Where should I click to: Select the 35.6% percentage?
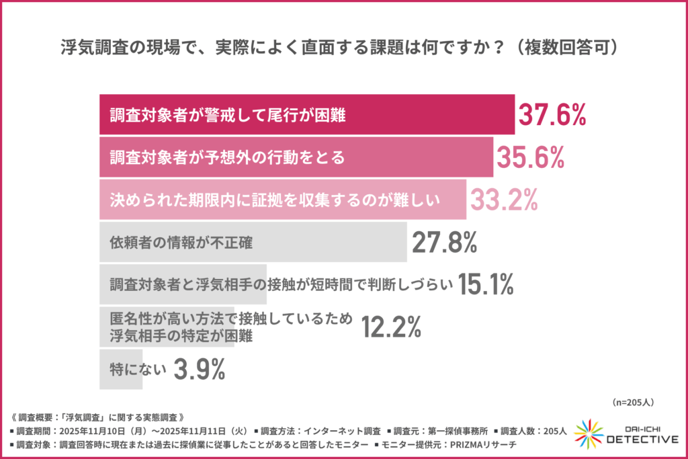tap(529, 157)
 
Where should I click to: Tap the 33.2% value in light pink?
tap(503, 200)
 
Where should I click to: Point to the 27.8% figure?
tap(444, 243)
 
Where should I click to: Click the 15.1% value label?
tap(486, 285)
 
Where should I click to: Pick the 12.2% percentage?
tap(391, 327)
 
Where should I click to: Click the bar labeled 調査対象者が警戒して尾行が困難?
tap(306, 116)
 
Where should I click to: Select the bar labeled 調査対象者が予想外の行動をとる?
tap(296, 157)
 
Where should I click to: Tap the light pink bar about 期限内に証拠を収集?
tap(282, 200)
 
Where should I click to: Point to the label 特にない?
tap(135, 369)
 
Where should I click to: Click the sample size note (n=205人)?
tap(634, 403)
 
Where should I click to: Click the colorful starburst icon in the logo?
tap(589, 433)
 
